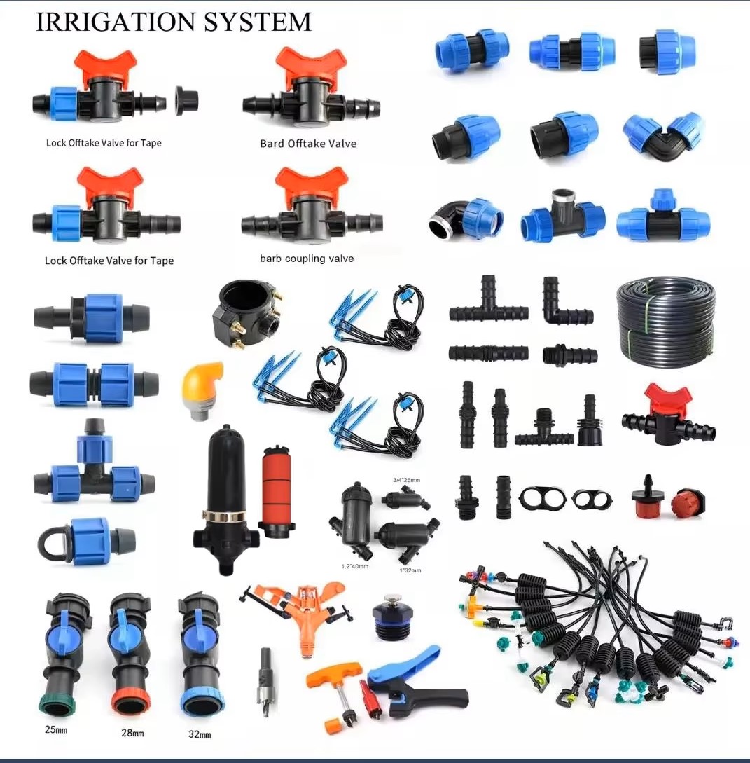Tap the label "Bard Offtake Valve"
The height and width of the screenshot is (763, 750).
[x=308, y=144]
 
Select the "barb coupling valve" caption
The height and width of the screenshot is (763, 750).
[x=307, y=259]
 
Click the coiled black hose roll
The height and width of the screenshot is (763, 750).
[x=666, y=323]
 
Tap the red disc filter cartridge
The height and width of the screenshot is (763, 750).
[x=276, y=490]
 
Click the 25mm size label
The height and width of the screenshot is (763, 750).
[x=56, y=729]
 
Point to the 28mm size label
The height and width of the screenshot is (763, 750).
[x=132, y=732]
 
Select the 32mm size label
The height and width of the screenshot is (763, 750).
[x=200, y=734]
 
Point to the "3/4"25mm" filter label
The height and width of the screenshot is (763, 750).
[x=407, y=480]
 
